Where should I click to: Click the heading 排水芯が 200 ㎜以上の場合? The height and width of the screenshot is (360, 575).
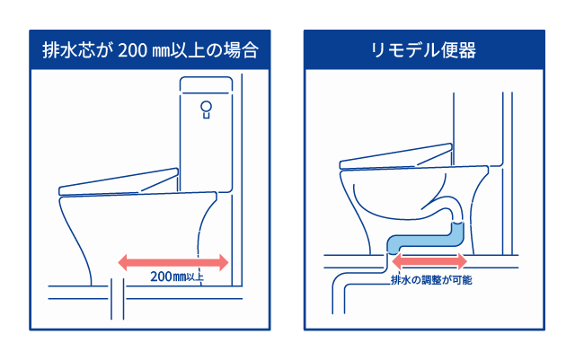point(150,49)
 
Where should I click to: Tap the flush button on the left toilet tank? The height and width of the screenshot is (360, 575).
point(206,110)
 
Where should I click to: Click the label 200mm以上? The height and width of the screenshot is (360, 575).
point(176,276)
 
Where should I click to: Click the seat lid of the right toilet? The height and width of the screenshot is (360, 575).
point(395,159)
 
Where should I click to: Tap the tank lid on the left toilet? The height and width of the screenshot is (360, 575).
point(206,84)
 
